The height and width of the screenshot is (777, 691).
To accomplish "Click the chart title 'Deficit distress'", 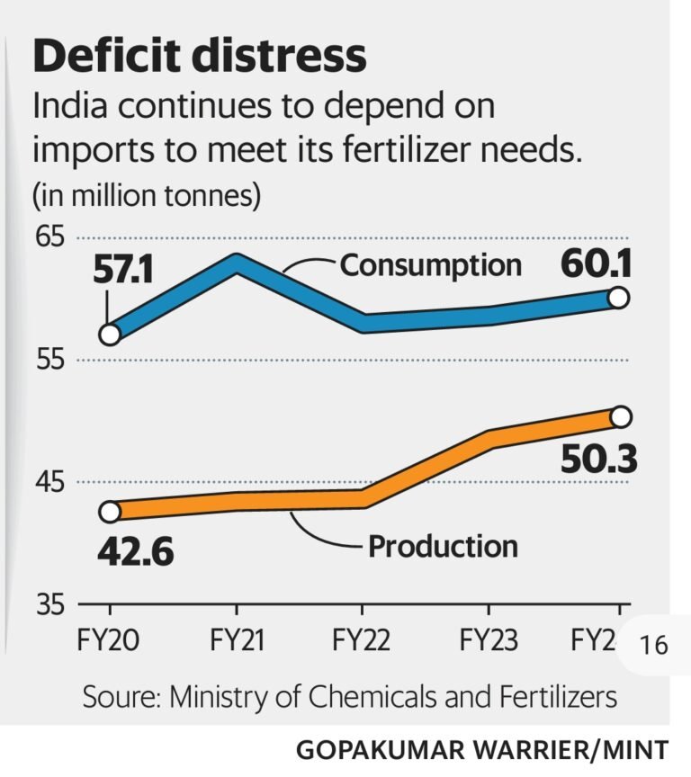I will [200, 57].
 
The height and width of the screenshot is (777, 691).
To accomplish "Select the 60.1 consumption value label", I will [596, 264].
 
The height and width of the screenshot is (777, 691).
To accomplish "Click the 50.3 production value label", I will [597, 460].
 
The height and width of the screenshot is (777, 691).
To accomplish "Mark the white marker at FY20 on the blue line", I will [110, 335].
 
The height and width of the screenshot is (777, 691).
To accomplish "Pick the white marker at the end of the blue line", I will [619, 298].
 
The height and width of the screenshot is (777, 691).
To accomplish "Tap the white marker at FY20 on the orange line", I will [110, 512].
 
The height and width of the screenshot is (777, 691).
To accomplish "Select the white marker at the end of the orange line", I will [620, 416].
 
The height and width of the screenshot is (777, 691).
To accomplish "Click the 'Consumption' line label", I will [430, 265].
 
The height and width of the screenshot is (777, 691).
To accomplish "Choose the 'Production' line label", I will [443, 546].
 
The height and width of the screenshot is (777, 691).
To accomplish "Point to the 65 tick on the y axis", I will [51, 238].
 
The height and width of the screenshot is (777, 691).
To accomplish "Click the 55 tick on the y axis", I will [51, 361].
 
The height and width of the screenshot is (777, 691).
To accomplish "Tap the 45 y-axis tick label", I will [51, 482].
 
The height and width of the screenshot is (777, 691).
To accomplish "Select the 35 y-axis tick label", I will [51, 603].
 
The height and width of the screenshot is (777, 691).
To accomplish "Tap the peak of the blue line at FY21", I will [237, 262].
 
